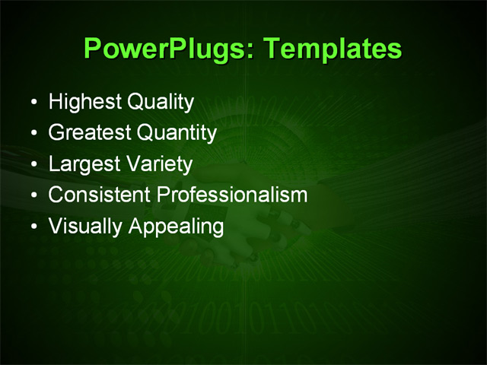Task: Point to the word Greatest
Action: pyautogui.click(x=88, y=133)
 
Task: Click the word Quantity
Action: pyautogui.click(x=177, y=133)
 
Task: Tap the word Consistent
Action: pyautogui.click(x=99, y=195)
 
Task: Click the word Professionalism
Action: pyautogui.click(x=232, y=195)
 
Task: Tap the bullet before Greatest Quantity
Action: pyautogui.click(x=31, y=134)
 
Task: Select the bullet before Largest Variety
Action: pyautogui.click(x=31, y=164)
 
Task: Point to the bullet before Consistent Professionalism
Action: pyautogui.click(x=31, y=195)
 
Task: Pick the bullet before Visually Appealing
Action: pyautogui.click(x=31, y=227)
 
